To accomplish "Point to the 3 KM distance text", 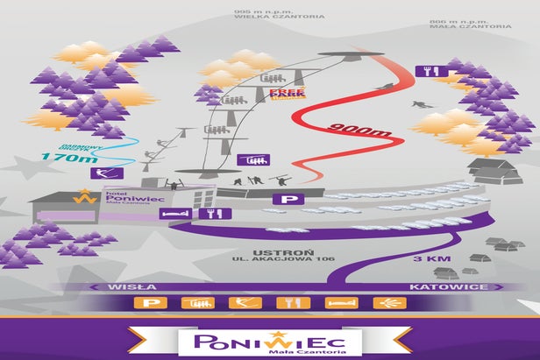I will point(431,259).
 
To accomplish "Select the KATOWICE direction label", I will point(437,286).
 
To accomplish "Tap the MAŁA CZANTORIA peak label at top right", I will point(471,26).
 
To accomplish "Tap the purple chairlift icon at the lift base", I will point(257,159).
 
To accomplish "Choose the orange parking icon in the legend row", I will point(150,303).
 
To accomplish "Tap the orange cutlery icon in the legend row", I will point(288,303).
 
